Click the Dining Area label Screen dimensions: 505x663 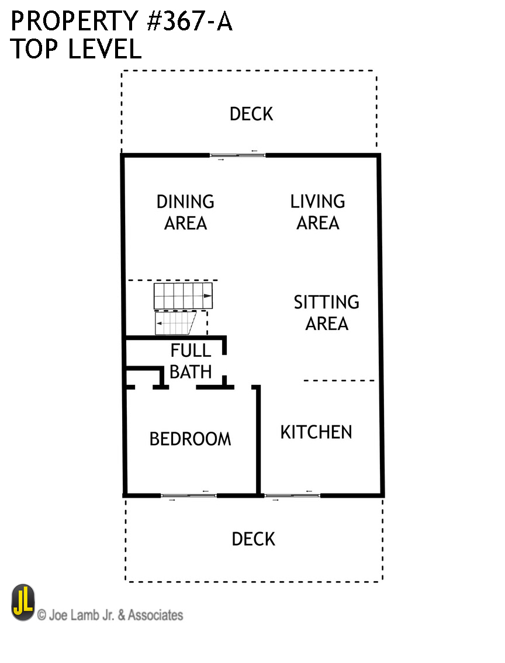coord(185,212)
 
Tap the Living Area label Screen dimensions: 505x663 coord(317,212)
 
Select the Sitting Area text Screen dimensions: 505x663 coord(327,313)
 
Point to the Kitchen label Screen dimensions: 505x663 coord(316,432)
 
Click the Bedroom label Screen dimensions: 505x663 coord(191,439)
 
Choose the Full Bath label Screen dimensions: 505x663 coord(191,361)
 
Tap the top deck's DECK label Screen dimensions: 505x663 coord(251,114)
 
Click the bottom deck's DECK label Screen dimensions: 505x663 coord(253,539)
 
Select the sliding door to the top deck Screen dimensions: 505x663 coord(238,155)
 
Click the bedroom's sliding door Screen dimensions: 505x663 coord(189,495)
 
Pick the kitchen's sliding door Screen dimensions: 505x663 coord(292,495)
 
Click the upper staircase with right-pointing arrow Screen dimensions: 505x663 coord(183,296)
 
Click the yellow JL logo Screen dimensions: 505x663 coord(23,602)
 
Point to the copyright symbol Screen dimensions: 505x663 coord(41,615)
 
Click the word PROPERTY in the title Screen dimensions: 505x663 coord(74,22)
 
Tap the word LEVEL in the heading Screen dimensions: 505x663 coord(105,48)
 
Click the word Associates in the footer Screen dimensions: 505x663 coord(155,615)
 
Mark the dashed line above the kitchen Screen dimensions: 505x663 coord(339,380)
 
